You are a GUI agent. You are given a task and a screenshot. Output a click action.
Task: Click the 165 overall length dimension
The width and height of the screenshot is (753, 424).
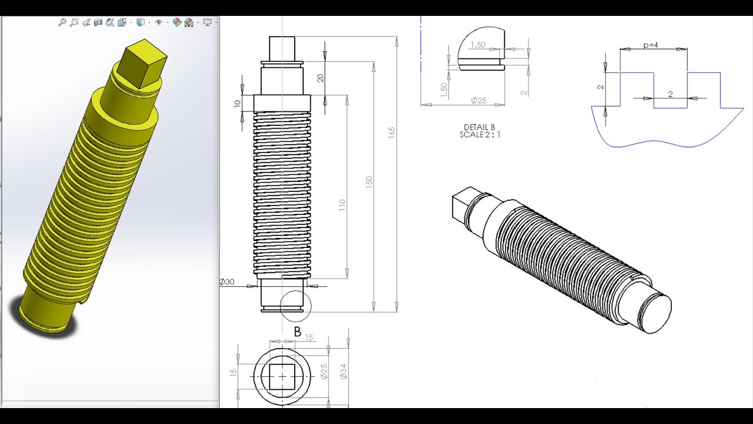pyautogui.click(x=392, y=133)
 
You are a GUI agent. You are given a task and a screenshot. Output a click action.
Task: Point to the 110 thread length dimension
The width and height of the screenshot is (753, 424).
pyautogui.click(x=342, y=206)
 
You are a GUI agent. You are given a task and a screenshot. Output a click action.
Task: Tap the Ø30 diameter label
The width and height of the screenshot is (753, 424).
pyautogui.click(x=227, y=282)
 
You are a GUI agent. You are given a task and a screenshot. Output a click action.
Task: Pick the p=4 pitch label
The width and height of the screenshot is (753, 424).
pyautogui.click(x=651, y=45)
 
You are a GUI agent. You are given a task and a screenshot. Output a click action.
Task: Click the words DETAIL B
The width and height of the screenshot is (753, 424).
pyautogui.click(x=479, y=127)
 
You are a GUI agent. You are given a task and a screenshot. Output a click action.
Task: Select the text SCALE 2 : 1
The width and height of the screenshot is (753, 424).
pyautogui.click(x=479, y=135)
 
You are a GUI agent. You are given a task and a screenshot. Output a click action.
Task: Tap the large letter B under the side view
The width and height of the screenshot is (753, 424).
pyautogui.click(x=297, y=332)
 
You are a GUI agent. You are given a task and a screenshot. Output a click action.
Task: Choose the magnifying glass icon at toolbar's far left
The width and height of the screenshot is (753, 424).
pyautogui.click(x=62, y=22)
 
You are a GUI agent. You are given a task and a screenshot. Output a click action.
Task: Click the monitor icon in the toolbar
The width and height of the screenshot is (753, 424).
pyautogui.click(x=207, y=22)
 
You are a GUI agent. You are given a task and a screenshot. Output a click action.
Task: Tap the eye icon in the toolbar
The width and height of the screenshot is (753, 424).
pyautogui.click(x=158, y=22)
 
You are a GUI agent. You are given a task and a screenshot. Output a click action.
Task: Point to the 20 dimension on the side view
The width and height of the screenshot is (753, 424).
pyautogui.click(x=320, y=78)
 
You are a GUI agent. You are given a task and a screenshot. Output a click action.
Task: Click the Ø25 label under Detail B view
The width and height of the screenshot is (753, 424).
pyautogui.click(x=478, y=101)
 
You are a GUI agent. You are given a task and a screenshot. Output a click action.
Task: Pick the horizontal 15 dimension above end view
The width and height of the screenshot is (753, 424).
pyautogui.click(x=309, y=337)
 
